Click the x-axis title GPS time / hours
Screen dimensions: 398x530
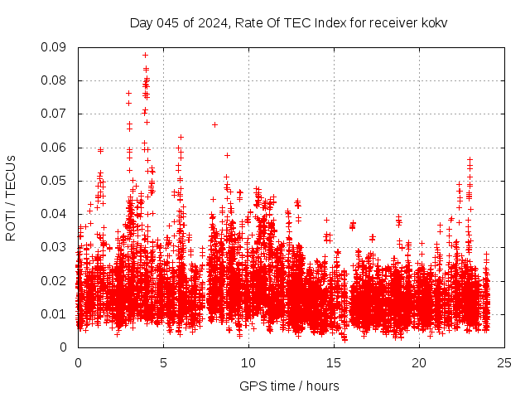(x=289, y=386)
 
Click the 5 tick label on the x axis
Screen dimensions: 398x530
(x=163, y=362)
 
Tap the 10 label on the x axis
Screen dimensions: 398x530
(x=248, y=362)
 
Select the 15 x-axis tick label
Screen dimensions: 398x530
(x=334, y=362)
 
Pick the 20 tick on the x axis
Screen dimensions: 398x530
(x=419, y=362)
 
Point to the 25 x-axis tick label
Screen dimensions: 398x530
(x=504, y=362)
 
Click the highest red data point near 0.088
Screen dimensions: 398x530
(x=145, y=55)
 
